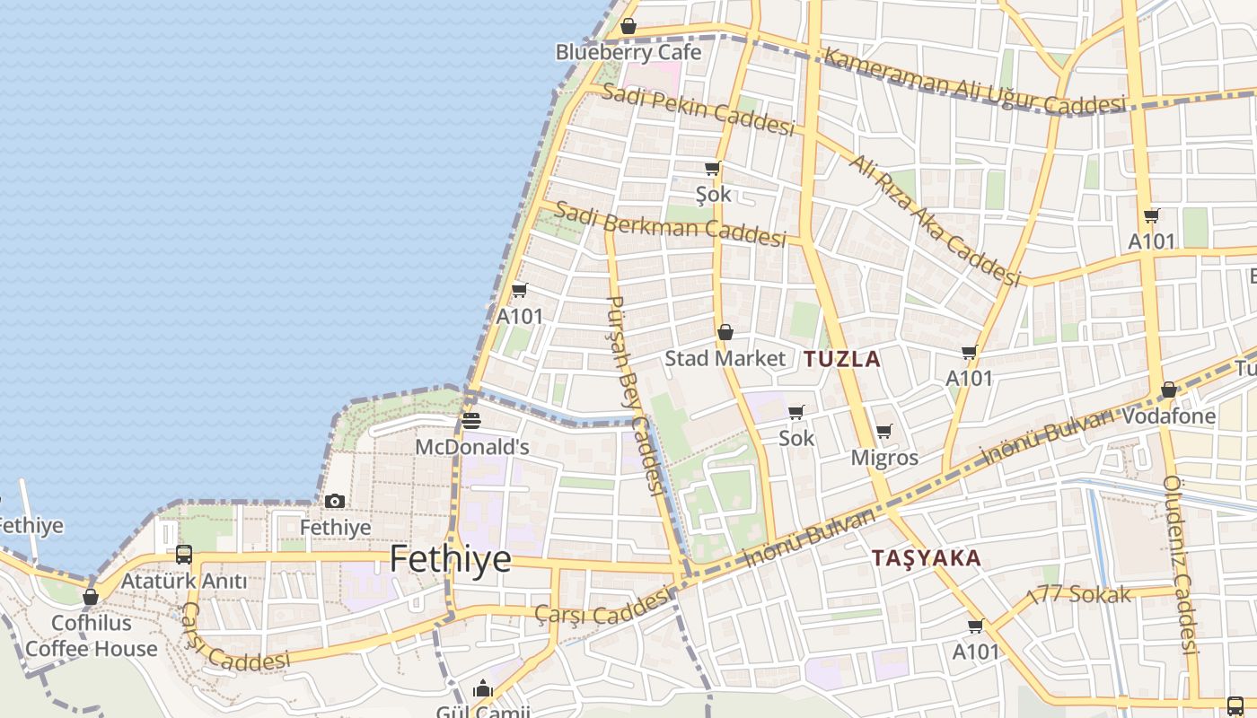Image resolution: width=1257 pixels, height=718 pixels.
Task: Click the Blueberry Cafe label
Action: [628, 52]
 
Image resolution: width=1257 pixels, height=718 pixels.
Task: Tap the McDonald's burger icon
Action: [471, 420]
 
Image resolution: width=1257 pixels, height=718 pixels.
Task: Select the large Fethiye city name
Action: [450, 559]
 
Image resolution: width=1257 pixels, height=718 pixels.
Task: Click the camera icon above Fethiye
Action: [335, 501]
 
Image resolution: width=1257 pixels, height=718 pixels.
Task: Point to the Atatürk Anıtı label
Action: [183, 581]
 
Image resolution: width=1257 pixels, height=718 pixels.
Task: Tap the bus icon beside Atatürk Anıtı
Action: [184, 554]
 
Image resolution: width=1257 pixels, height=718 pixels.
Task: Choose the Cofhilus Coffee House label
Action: [91, 635]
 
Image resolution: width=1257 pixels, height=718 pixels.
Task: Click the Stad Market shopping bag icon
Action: [725, 332]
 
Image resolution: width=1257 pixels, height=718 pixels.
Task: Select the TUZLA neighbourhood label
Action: [842, 359]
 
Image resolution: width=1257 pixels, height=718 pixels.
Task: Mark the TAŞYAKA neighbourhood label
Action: [926, 557]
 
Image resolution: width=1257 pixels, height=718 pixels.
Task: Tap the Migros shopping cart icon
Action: [884, 432]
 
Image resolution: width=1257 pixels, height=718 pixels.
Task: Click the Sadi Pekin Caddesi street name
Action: [698, 109]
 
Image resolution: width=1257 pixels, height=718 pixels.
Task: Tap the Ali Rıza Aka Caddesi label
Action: [935, 221]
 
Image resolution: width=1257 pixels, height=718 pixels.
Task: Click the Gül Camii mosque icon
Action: [483, 688]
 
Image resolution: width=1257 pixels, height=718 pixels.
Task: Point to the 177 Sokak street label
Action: [1077, 594]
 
